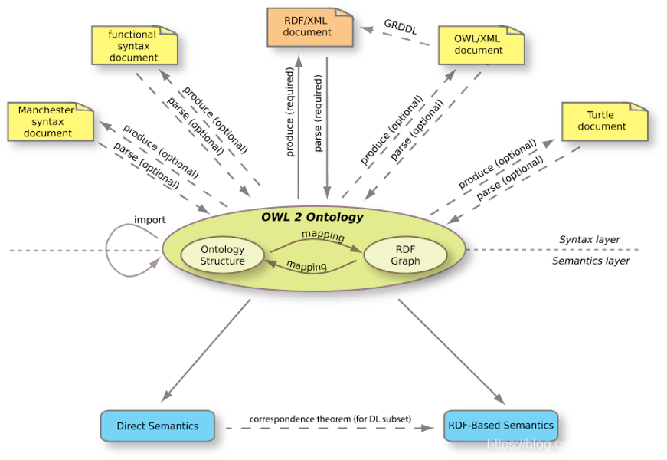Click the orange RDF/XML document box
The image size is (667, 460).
coord(309,28)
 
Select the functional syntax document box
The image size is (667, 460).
coord(134,46)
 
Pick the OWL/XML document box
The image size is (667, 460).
coord(481,45)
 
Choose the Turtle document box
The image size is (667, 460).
coord(604,122)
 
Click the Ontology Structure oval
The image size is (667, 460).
coord(222,255)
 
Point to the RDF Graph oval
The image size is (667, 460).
coord(405,255)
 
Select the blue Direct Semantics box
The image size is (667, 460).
coord(157,426)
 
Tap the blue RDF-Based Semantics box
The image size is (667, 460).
coord(499,426)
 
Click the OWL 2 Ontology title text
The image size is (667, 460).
coord(312,217)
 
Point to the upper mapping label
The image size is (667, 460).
coord(322,235)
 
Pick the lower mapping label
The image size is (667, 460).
coord(306,267)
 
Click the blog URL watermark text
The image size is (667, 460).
coord(530,445)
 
